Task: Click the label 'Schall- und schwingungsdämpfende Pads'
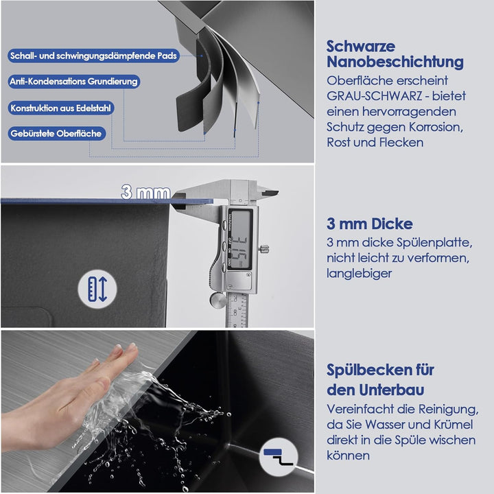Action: (x=93, y=56)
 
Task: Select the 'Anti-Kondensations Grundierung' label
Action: (x=73, y=82)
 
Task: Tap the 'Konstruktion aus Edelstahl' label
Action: (x=61, y=108)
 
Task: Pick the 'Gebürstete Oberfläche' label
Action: (x=56, y=134)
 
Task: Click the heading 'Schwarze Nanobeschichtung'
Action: (x=395, y=54)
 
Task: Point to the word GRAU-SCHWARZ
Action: (x=374, y=96)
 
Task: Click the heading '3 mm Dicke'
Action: (x=370, y=224)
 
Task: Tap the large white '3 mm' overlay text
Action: (x=146, y=192)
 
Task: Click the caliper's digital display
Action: (x=240, y=239)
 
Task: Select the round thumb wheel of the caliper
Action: (x=217, y=301)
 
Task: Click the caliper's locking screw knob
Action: (x=263, y=249)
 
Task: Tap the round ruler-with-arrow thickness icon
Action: (x=97, y=289)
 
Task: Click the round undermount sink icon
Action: (x=279, y=456)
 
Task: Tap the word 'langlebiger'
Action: (x=359, y=273)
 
